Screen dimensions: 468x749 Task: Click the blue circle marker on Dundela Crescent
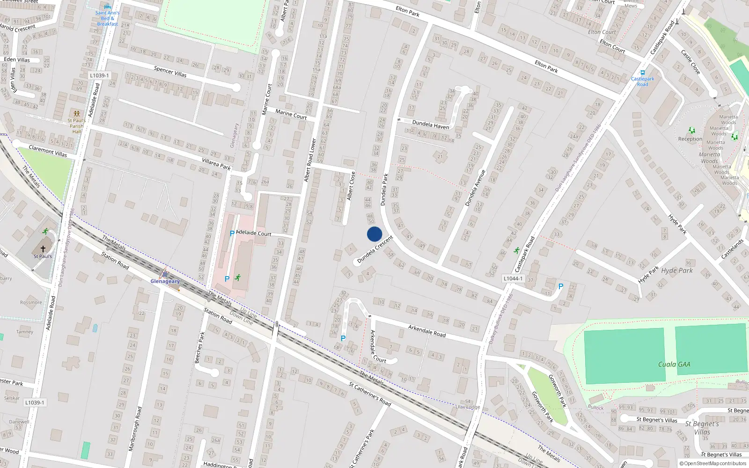(x=374, y=234)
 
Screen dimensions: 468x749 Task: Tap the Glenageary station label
(x=165, y=281)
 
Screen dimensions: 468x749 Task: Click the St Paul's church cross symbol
(x=43, y=249)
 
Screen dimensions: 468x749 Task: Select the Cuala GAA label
(x=674, y=364)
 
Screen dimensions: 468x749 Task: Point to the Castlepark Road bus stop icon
(x=643, y=73)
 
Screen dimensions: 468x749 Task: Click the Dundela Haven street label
(x=430, y=124)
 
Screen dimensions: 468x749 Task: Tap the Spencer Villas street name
(x=170, y=72)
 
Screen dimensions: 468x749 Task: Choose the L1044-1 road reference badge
(x=513, y=278)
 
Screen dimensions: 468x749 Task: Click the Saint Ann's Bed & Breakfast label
(x=107, y=18)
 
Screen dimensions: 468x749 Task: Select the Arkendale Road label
(x=426, y=330)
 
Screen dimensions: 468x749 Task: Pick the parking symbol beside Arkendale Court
(x=343, y=338)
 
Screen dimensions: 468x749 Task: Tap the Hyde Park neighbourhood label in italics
(x=677, y=271)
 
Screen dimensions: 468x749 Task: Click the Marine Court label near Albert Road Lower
(x=291, y=114)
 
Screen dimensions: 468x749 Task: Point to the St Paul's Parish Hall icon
(x=76, y=114)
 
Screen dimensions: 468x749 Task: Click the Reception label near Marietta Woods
(x=690, y=139)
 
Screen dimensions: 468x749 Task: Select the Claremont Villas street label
(x=48, y=151)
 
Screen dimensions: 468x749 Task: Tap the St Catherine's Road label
(x=369, y=394)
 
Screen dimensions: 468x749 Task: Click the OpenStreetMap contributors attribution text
(x=715, y=464)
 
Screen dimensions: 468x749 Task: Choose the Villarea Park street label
(x=216, y=163)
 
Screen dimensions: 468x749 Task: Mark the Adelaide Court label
(x=254, y=233)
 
